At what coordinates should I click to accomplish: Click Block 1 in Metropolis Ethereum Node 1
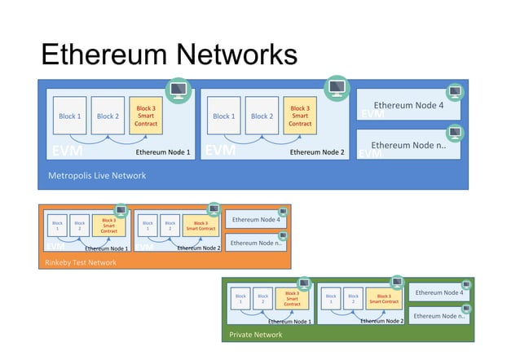(69, 116)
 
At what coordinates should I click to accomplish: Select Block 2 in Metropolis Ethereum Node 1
(108, 116)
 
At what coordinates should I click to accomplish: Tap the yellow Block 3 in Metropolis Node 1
(146, 116)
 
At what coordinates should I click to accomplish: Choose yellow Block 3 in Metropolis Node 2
(300, 116)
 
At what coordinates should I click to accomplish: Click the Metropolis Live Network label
(97, 176)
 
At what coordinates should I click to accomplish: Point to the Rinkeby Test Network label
(81, 262)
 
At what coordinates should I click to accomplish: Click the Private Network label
(256, 335)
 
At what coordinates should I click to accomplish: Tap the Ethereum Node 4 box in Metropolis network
(408, 106)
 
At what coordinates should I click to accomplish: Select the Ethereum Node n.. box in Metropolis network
(408, 145)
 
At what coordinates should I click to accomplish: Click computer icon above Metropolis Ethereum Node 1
(178, 89)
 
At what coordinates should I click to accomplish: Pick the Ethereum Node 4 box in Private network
(439, 293)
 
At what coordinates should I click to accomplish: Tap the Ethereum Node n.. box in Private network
(439, 316)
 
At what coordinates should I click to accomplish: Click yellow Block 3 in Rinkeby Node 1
(108, 225)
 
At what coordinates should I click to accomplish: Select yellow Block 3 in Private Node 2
(384, 298)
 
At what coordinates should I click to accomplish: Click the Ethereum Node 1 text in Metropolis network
(162, 152)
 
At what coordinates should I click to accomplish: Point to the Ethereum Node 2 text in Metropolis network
(317, 152)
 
